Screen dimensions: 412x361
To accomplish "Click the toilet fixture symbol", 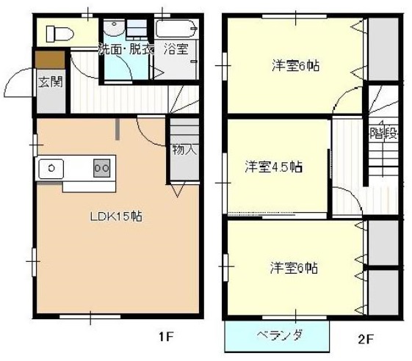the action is click(x=59, y=34).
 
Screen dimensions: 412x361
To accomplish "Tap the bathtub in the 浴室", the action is click(x=176, y=29).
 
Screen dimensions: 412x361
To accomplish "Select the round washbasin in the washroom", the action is click(x=114, y=28).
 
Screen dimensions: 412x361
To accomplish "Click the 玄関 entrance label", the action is click(x=51, y=81).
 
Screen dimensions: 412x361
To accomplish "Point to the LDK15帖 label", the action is click(x=116, y=216).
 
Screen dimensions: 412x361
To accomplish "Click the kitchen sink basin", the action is click(x=51, y=168).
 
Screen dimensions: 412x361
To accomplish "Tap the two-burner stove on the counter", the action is click(x=101, y=168).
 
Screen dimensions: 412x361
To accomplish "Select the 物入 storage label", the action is click(x=184, y=150).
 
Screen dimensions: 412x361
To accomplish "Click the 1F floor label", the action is click(x=166, y=336).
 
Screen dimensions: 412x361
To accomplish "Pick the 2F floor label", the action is click(x=366, y=339).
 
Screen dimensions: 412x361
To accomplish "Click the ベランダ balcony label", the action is click(x=279, y=335).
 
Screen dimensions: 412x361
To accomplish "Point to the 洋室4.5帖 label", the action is click(x=273, y=167).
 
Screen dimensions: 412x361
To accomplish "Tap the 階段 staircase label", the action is click(x=383, y=133).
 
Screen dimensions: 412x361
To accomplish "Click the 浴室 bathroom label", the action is click(x=176, y=49).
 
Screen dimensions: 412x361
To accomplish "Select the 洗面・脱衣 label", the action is click(x=126, y=49).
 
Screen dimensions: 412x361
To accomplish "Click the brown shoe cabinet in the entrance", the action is click(x=50, y=59).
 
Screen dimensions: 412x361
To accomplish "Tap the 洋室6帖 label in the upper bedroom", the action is click(x=296, y=65).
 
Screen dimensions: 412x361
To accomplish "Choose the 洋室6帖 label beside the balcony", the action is click(x=294, y=268).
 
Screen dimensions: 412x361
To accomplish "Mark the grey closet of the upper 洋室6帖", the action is click(x=383, y=49).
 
